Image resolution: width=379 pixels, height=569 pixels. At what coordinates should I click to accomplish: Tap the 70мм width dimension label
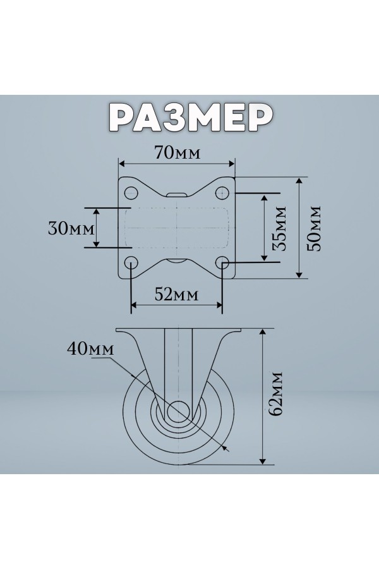click(x=177, y=153)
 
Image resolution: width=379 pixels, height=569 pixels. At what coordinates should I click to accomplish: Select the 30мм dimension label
click(x=71, y=229)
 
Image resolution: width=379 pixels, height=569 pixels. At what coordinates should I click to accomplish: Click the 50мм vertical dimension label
click(x=314, y=228)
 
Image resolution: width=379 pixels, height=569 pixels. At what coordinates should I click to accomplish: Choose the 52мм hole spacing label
click(x=177, y=294)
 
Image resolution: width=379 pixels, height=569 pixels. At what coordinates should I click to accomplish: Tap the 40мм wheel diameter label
click(x=90, y=348)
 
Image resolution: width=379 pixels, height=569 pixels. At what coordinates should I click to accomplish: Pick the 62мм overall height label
click(x=276, y=394)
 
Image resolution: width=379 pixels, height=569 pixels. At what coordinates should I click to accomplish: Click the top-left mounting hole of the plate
click(x=131, y=192)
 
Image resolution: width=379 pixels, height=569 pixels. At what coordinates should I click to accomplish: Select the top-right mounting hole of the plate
click(x=222, y=192)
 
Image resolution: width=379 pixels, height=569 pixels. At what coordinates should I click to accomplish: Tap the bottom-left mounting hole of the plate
click(x=131, y=262)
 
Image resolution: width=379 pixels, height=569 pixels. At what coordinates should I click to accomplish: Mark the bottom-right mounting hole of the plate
click(x=222, y=262)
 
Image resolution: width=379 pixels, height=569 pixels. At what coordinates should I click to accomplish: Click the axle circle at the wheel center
click(x=178, y=412)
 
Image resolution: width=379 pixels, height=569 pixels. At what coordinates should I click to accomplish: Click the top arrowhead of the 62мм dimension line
click(x=263, y=333)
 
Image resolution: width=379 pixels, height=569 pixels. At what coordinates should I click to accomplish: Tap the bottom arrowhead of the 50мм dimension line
click(x=299, y=274)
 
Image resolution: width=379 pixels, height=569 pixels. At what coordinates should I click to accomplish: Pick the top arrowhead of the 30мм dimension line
click(x=96, y=212)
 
